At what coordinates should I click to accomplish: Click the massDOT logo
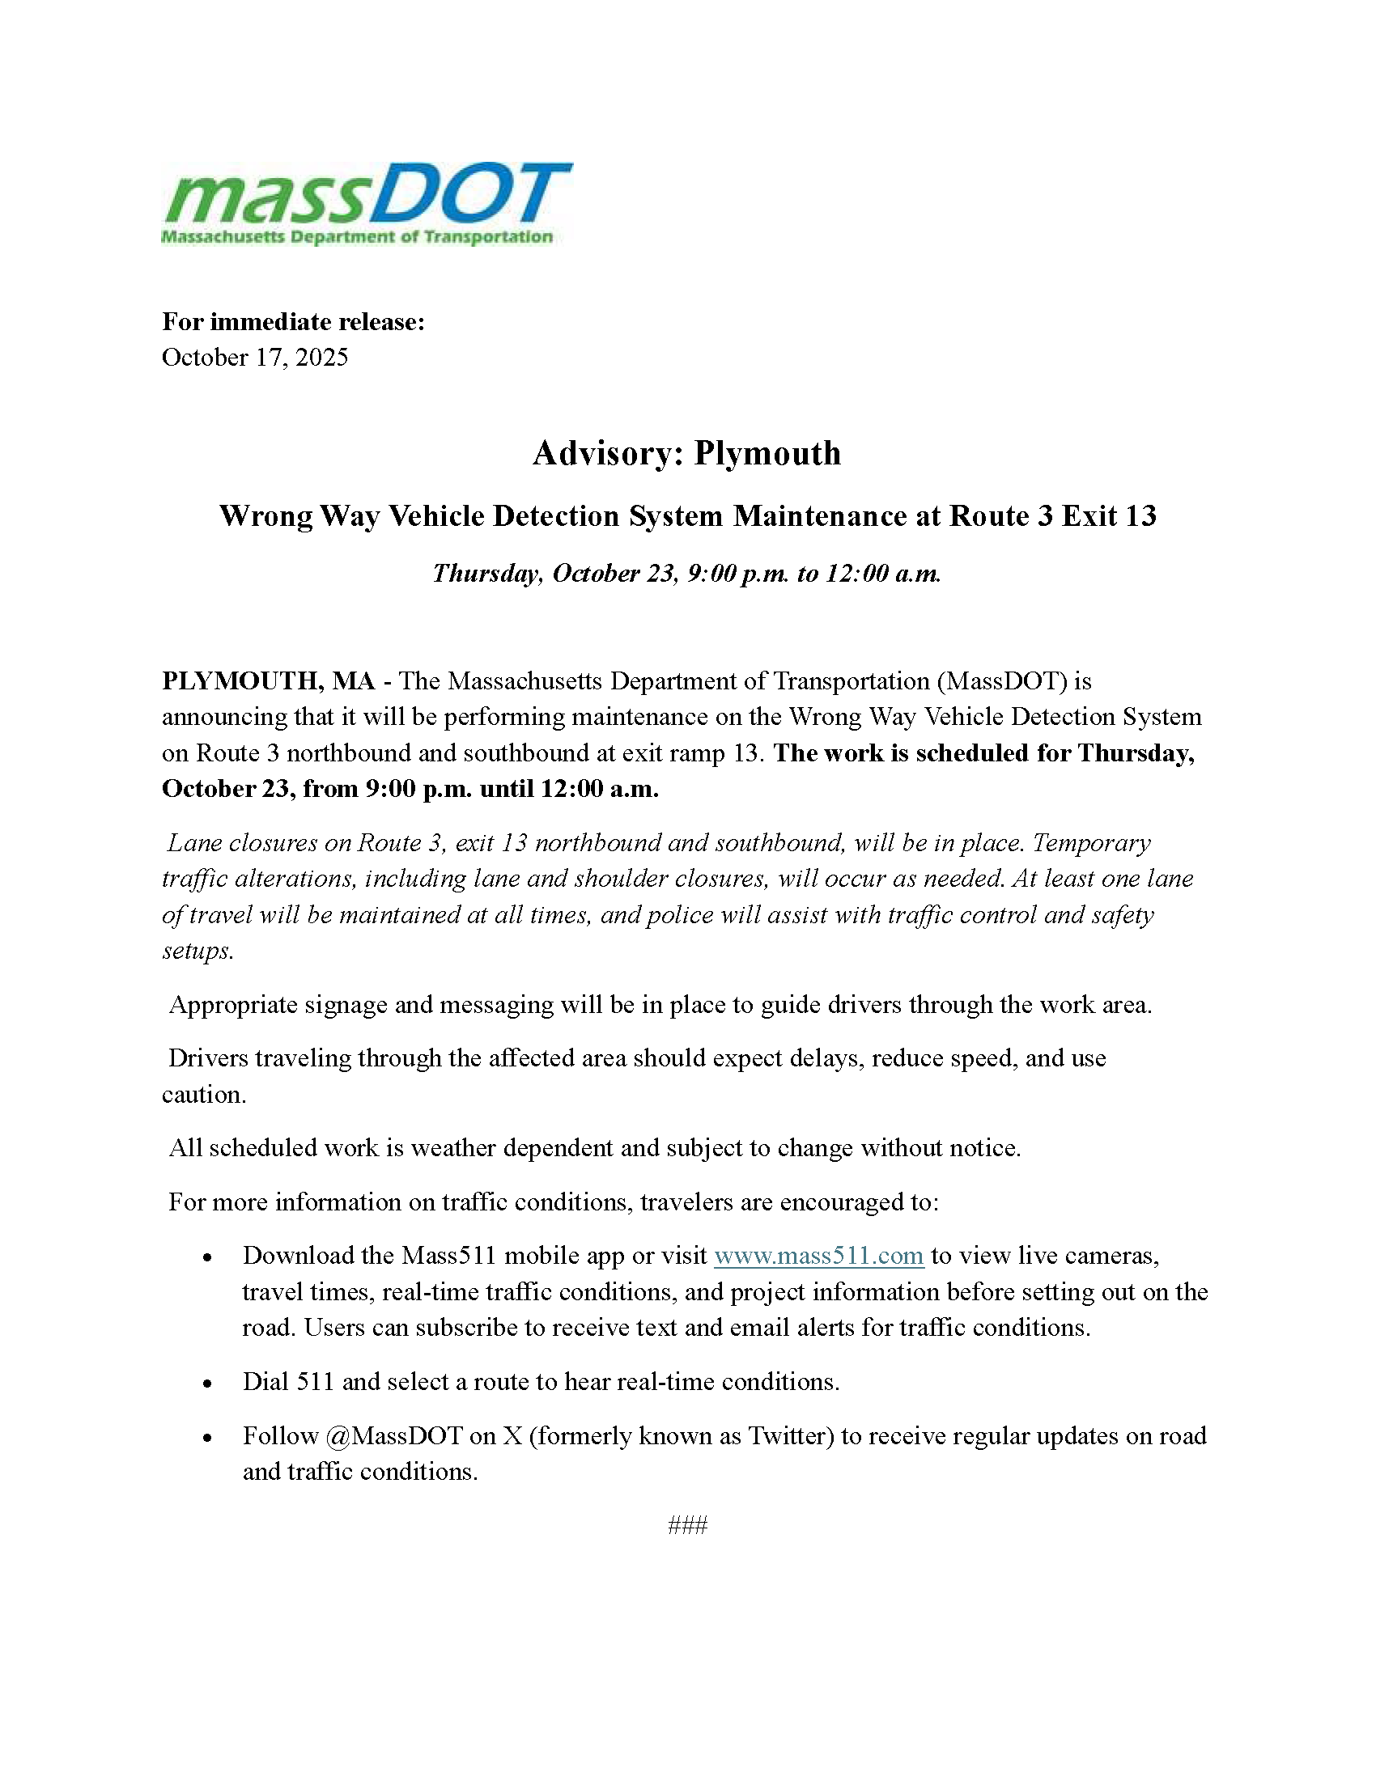(367, 203)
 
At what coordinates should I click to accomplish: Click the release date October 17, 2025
(254, 358)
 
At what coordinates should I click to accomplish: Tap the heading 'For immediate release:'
(294, 322)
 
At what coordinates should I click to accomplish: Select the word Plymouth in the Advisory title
(767, 453)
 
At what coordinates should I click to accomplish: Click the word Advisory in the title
(606, 453)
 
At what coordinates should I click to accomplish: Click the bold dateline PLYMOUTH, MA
(268, 680)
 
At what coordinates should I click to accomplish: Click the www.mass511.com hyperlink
(818, 1256)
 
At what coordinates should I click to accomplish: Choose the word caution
(204, 1095)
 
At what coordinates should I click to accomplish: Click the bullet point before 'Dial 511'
(208, 1384)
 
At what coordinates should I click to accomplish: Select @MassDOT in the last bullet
(393, 1436)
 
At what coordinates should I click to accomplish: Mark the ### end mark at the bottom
(687, 1526)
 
